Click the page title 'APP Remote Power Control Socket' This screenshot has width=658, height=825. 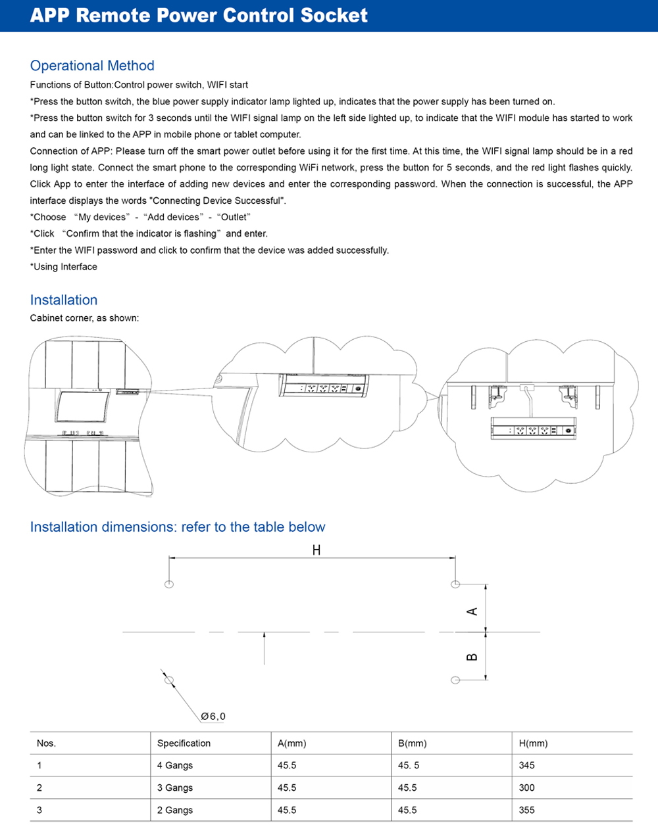pyautogui.click(x=199, y=16)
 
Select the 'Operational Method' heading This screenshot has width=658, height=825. pyautogui.click(x=92, y=66)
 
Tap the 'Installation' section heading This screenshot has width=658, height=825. pyautogui.click(x=64, y=300)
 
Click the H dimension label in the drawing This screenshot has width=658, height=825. pyautogui.click(x=316, y=550)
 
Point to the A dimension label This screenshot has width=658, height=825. pyautogui.click(x=472, y=611)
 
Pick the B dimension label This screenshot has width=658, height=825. pyautogui.click(x=472, y=657)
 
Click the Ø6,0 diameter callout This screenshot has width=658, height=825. pyautogui.click(x=213, y=716)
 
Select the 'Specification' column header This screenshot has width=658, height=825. pyautogui.click(x=184, y=743)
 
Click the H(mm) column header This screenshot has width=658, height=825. pyautogui.click(x=533, y=743)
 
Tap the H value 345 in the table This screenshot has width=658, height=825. pyautogui.click(x=526, y=765)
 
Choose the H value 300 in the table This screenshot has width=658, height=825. pyautogui.click(x=526, y=788)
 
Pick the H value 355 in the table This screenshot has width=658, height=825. pyautogui.click(x=526, y=810)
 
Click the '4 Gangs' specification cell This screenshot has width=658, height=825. pyautogui.click(x=175, y=765)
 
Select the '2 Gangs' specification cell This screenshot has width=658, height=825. pyautogui.click(x=175, y=810)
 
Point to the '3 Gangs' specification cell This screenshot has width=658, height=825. pyautogui.click(x=175, y=788)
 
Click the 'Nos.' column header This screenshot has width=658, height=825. pyautogui.click(x=46, y=743)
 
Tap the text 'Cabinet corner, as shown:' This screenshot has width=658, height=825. pyautogui.click(x=84, y=318)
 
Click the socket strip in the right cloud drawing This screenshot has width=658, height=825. pyautogui.click(x=533, y=431)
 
